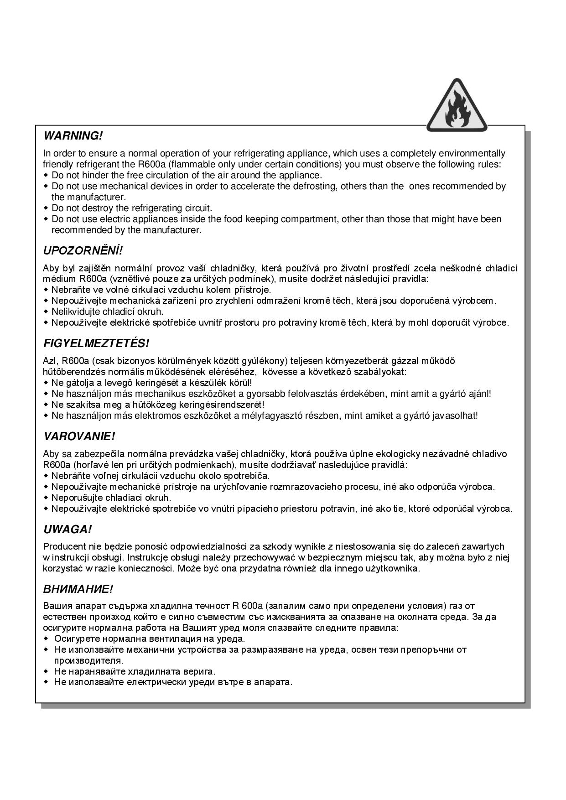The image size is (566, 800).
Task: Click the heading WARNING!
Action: click(73, 136)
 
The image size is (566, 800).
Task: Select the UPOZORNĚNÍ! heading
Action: click(83, 251)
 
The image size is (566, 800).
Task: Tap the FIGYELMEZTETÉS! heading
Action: click(96, 343)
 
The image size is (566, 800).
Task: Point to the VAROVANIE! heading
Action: click(79, 436)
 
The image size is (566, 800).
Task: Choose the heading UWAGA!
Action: click(68, 530)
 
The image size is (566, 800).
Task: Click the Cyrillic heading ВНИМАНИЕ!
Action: click(78, 589)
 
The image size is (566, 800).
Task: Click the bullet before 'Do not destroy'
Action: click(46, 208)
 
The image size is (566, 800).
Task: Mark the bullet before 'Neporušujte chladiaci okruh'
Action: click(46, 498)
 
